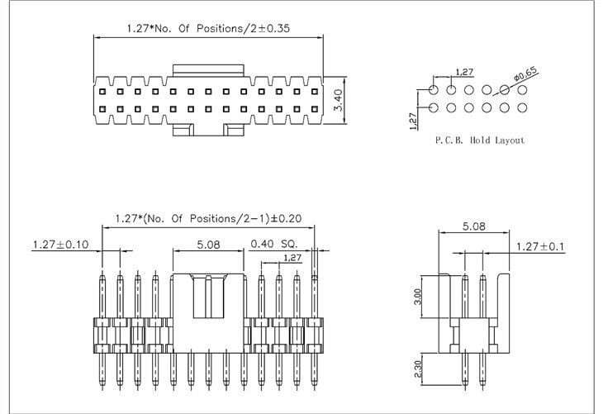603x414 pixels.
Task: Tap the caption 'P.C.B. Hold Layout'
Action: pos(479,140)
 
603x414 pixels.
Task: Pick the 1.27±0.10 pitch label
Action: pos(61,244)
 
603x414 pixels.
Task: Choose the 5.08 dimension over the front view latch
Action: pos(209,244)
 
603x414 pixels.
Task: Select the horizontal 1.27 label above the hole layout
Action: pos(464,72)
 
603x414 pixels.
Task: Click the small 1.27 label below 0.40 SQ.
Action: pos(292,258)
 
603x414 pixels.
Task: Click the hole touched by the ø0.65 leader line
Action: pos(504,89)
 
